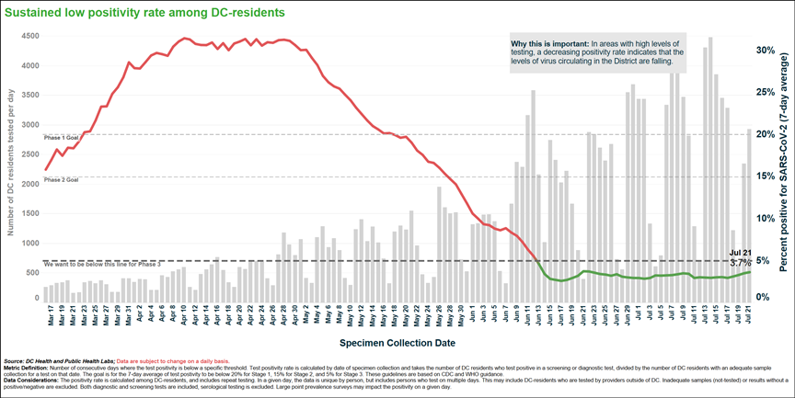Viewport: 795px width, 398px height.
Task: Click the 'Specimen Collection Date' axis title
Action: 396,342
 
